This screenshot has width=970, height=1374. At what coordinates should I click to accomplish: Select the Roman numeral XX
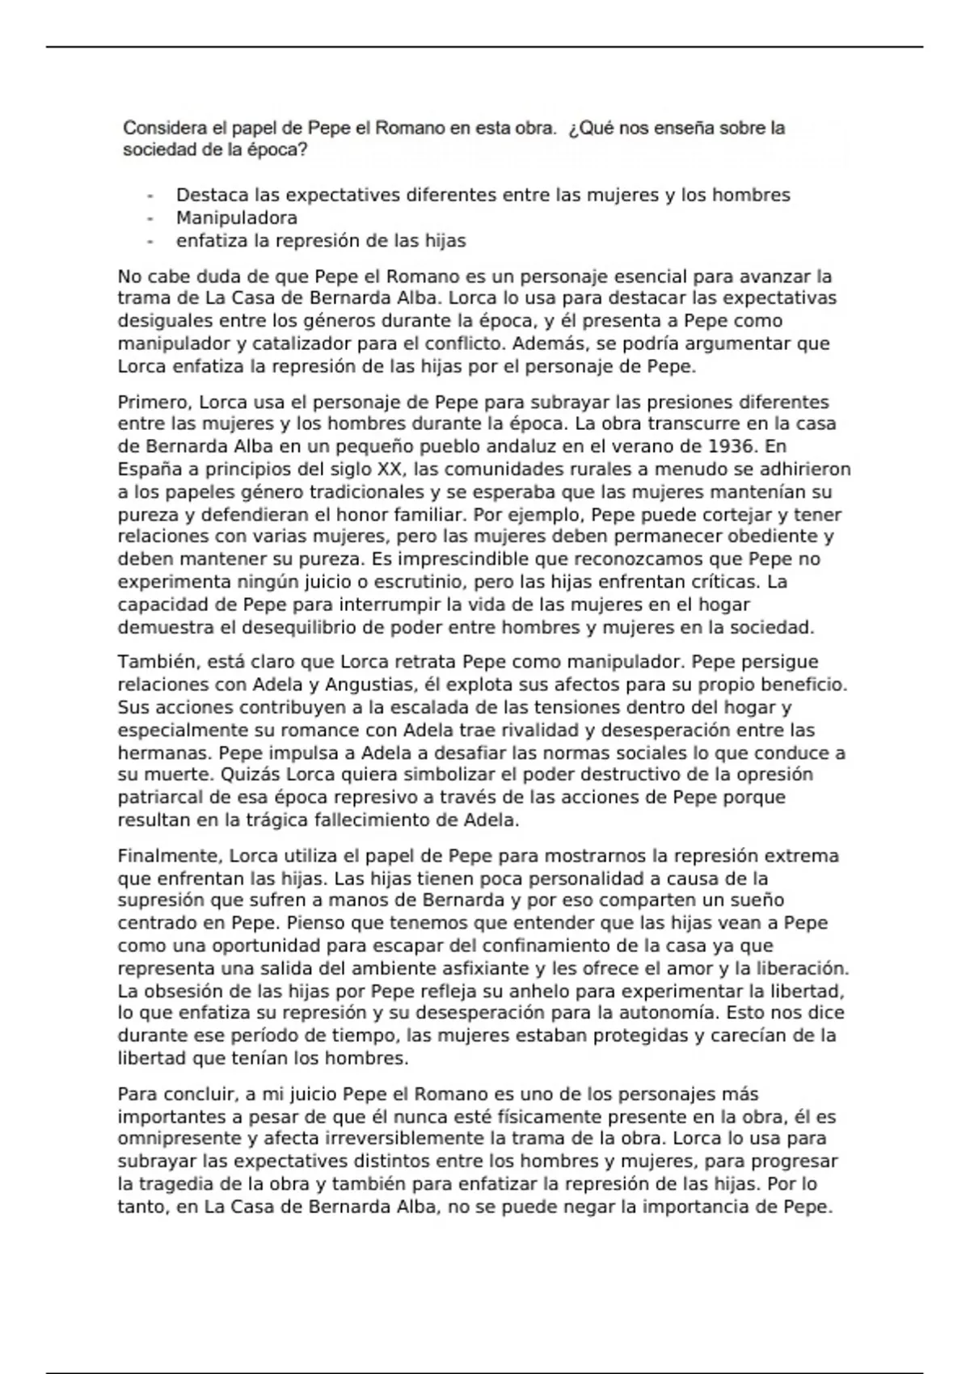point(390,470)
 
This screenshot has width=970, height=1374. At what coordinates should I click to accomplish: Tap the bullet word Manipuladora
point(237,218)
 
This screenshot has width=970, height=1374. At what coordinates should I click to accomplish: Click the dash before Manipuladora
point(150,218)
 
